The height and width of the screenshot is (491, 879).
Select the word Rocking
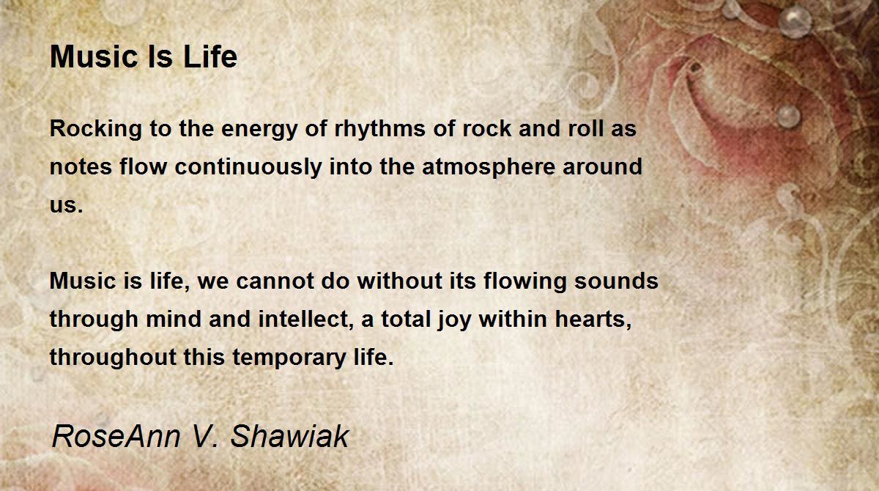pos(96,130)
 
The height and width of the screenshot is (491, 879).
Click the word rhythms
pos(380,129)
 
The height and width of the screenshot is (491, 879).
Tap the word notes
pos(81,166)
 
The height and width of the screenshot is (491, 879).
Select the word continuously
pos(248,167)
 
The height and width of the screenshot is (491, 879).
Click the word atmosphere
pos(489,167)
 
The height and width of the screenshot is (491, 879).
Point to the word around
pos(602,166)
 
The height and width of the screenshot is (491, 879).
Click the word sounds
pos(616,281)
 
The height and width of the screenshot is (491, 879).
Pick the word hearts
pos(593,319)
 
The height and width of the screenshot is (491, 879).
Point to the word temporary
pos(289,358)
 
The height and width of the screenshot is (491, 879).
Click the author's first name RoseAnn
pos(116,436)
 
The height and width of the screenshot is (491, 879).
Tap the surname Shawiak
pos(289,436)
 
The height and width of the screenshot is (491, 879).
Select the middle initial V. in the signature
pos(205,436)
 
